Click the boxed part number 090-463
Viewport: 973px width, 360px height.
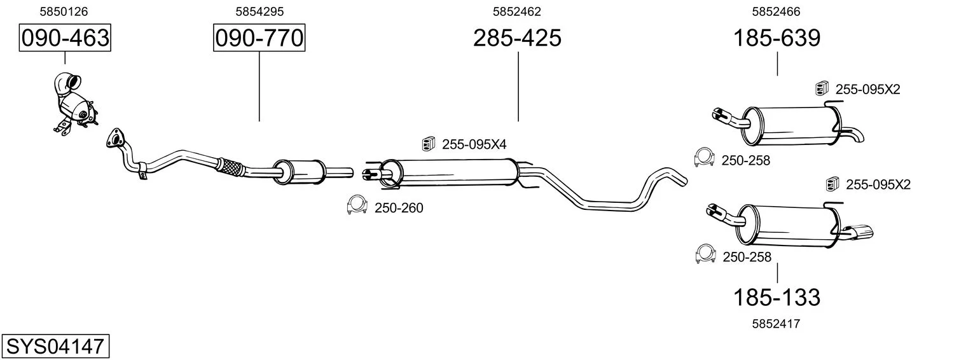pos(65,38)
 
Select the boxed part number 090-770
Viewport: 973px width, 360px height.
pos(259,38)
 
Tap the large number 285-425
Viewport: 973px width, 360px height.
pos(517,38)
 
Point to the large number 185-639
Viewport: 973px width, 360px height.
pos(776,38)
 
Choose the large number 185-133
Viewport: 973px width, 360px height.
pos(776,298)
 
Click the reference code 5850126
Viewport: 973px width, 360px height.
pos(64,11)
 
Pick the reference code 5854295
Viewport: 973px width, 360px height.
pos(259,11)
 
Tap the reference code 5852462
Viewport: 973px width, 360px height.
pos(517,11)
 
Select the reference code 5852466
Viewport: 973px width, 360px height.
pos(776,11)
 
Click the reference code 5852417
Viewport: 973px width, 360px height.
pos(776,324)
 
